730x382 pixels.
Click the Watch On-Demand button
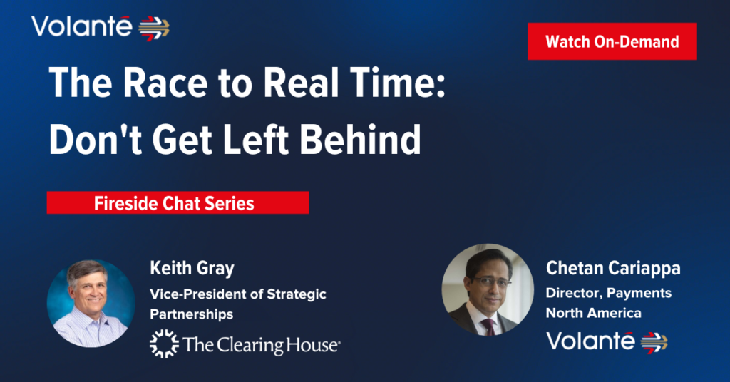coord(612,41)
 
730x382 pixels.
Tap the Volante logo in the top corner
coord(101,28)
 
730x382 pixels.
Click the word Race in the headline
coord(165,83)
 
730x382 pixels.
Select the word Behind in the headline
coord(360,140)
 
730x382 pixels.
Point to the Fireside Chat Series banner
coord(178,203)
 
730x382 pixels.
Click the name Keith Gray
coord(192,269)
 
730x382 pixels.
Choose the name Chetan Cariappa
coord(613,269)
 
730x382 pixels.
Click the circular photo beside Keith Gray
coord(91,304)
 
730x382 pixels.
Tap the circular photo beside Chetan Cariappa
coord(488,289)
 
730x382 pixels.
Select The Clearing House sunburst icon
coord(164,344)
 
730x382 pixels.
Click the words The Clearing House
coord(261,345)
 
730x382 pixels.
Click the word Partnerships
coord(191,314)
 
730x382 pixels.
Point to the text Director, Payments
coord(609,293)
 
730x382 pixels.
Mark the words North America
coord(594,313)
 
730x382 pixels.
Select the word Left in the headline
coord(256,140)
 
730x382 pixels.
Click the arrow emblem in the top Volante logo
coord(154,29)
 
